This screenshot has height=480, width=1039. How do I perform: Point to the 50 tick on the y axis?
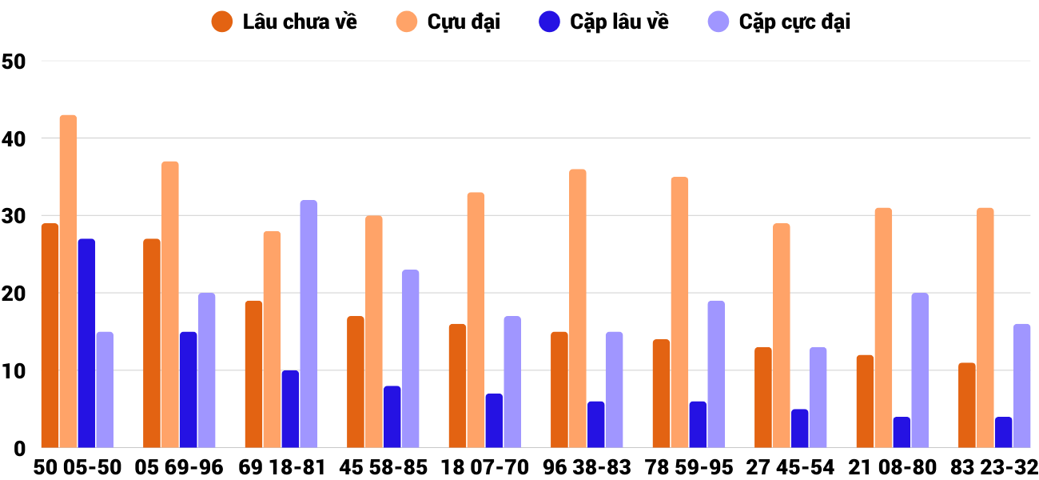pos(14,62)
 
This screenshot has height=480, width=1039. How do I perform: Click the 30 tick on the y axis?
pos(14,217)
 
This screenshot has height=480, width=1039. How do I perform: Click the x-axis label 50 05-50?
pos(78,467)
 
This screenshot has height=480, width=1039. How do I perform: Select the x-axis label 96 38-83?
pos(587,467)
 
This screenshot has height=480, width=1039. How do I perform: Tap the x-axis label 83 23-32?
pos(993,467)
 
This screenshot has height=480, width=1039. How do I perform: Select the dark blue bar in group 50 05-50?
pos(86,343)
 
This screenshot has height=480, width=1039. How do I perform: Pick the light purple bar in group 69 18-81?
pos(309,324)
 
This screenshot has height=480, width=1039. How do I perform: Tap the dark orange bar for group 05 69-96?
pos(152,343)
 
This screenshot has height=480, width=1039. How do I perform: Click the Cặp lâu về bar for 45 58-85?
pos(392,417)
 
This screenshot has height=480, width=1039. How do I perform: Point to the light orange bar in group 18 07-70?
pos(476,320)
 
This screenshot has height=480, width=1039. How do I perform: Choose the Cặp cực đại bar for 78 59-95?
pos(716,374)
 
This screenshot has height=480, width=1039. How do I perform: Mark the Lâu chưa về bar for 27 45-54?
pos(762,398)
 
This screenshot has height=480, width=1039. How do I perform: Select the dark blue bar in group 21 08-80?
pos(902,432)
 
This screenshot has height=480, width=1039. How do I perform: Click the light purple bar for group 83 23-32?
pos(1021,386)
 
